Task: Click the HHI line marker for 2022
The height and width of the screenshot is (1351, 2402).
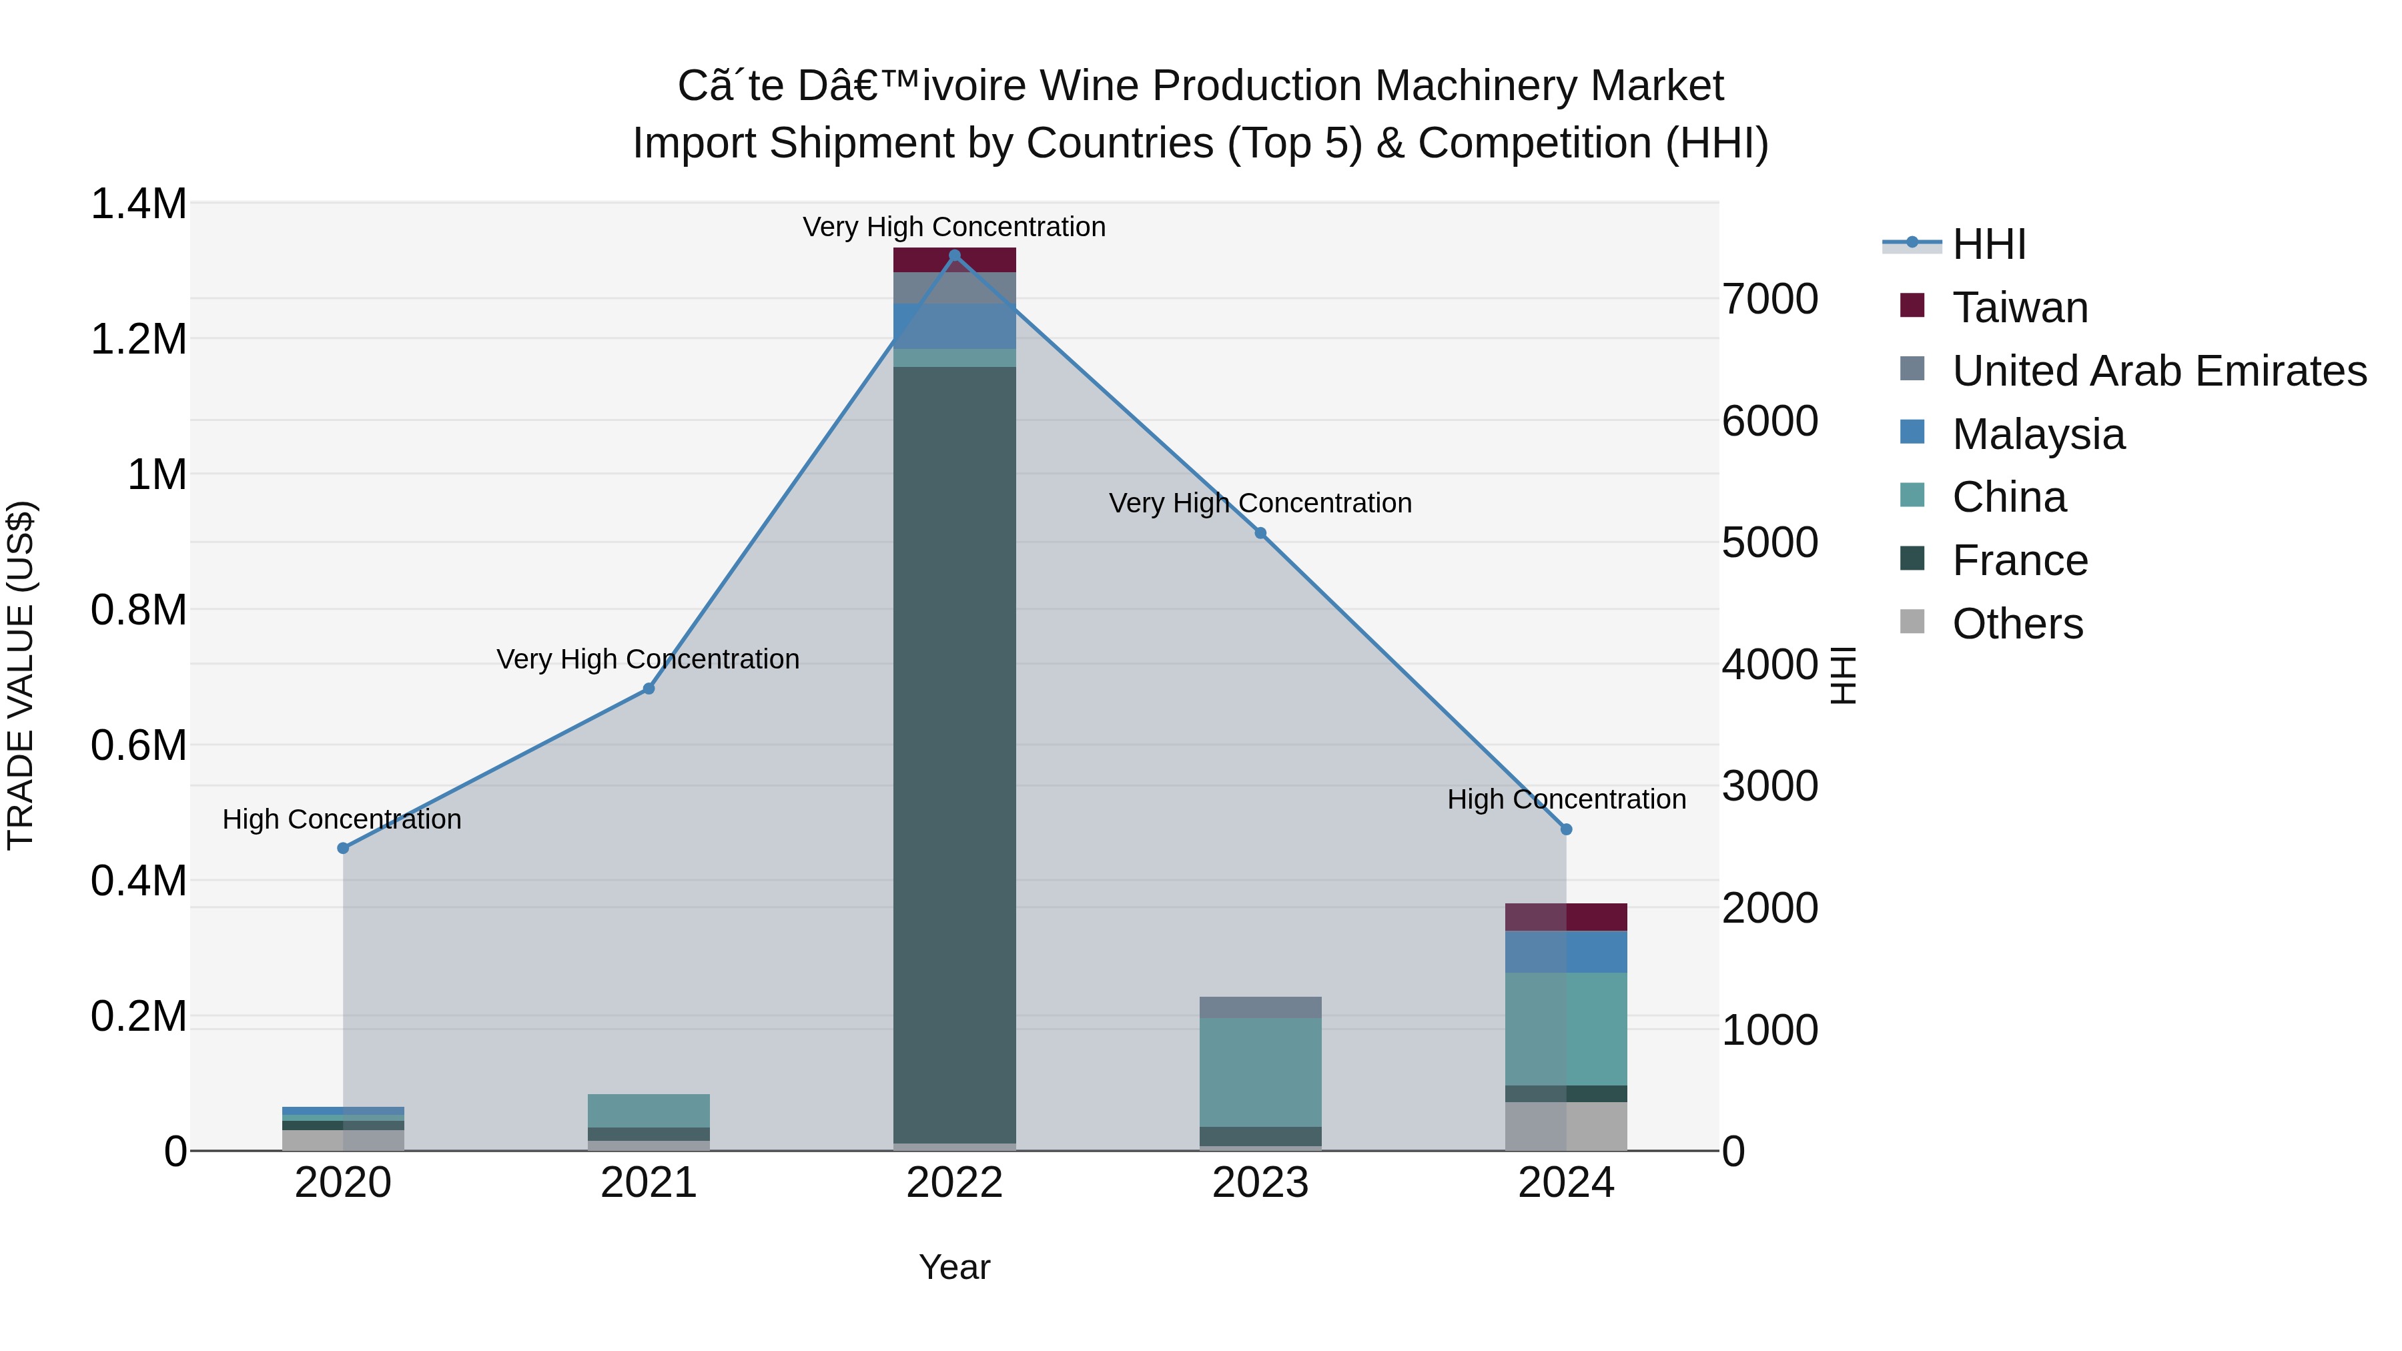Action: pos(954,256)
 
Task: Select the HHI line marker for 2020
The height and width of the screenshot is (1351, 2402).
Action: pos(343,847)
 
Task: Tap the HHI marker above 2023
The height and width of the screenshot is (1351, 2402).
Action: pos(1260,533)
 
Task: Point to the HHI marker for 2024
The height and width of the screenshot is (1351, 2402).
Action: pos(1565,829)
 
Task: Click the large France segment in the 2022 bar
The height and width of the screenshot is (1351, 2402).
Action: pos(954,755)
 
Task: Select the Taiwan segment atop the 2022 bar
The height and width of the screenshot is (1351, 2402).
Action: pos(954,260)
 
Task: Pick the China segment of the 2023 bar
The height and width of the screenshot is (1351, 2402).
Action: pos(1260,1072)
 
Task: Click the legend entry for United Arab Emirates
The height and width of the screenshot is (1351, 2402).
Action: pos(2158,371)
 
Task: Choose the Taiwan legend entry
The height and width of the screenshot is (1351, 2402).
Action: pos(2020,308)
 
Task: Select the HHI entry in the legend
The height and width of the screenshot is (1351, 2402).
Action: pos(1988,244)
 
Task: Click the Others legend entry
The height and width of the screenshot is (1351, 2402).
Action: pos(2017,624)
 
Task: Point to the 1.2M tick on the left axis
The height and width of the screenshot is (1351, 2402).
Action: pos(139,340)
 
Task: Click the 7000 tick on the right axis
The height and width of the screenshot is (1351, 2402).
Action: pos(1769,300)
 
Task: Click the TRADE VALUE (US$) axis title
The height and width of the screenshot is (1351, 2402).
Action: pos(21,675)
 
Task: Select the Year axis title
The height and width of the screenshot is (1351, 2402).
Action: pos(954,1267)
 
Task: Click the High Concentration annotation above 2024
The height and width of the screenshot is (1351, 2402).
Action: pos(1565,799)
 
